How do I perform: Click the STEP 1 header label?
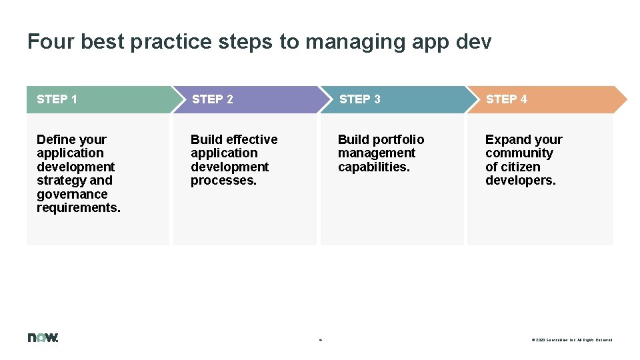57,99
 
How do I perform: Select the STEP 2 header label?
212,99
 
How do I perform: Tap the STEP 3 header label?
359,99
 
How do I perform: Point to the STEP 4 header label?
506,99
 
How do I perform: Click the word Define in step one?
56,139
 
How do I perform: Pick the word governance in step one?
72,194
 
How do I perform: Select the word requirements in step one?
78,207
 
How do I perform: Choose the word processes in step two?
223,180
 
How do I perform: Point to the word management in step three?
377,153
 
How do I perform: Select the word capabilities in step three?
373,167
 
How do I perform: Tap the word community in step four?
519,153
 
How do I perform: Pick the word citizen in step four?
521,167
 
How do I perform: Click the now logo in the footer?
43,337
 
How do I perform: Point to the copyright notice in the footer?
571,340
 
